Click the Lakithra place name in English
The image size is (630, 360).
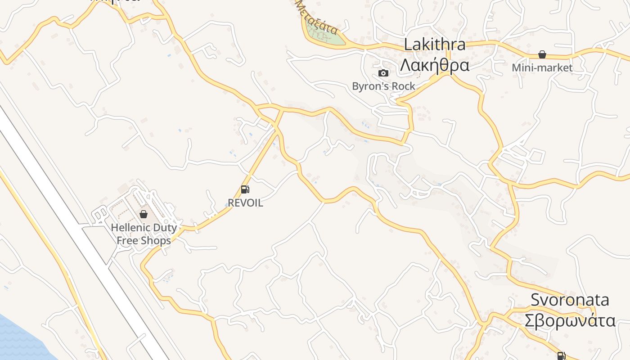pos(435,45)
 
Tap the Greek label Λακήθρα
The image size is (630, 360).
pos(435,65)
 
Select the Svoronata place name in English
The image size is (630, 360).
pos(570,300)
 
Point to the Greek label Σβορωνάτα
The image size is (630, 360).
pos(570,321)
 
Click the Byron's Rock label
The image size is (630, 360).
pos(383,86)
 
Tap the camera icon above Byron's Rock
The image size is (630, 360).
pos(383,73)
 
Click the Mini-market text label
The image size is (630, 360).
pos(542,68)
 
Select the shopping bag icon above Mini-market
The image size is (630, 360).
pos(542,54)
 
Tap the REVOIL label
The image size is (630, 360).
pos(245,203)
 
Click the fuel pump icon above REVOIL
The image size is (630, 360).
pos(245,189)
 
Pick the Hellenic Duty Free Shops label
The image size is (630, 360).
pos(144,234)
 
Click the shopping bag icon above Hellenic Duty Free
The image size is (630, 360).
pos(144,214)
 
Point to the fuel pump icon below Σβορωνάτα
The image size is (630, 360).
pos(561,356)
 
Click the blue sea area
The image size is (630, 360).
pos(18,342)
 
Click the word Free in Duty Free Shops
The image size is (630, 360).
pos(127,241)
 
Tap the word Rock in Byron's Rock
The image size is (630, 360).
pos(404,86)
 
